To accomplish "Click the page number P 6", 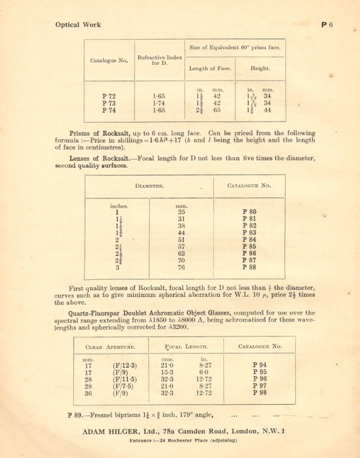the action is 326,25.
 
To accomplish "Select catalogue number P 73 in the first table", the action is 109,102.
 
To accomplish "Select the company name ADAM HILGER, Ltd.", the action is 125,431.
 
